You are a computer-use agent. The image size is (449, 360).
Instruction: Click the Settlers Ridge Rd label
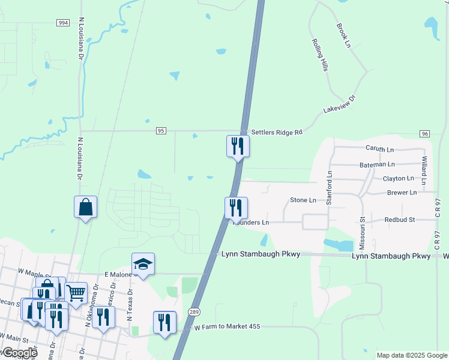point(276,132)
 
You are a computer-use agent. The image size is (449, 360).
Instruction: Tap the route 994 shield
point(62,22)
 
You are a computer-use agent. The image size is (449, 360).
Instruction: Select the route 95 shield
point(160,130)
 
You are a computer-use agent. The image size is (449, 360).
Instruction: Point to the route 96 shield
point(424,133)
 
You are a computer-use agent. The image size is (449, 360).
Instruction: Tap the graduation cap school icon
point(143,264)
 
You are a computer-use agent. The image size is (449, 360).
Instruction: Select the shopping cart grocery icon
point(76,293)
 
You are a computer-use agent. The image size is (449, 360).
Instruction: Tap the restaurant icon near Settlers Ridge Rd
point(238,146)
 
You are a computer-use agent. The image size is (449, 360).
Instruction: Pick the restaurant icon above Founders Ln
point(236,208)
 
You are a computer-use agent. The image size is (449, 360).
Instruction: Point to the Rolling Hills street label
point(319,55)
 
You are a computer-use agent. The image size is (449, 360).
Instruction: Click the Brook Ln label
point(343,36)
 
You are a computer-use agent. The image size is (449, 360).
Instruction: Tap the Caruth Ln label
point(379,148)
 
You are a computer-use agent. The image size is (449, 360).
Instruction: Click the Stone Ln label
point(303,200)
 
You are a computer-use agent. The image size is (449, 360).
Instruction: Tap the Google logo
point(19,353)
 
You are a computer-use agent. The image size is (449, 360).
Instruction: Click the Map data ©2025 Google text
point(412,355)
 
